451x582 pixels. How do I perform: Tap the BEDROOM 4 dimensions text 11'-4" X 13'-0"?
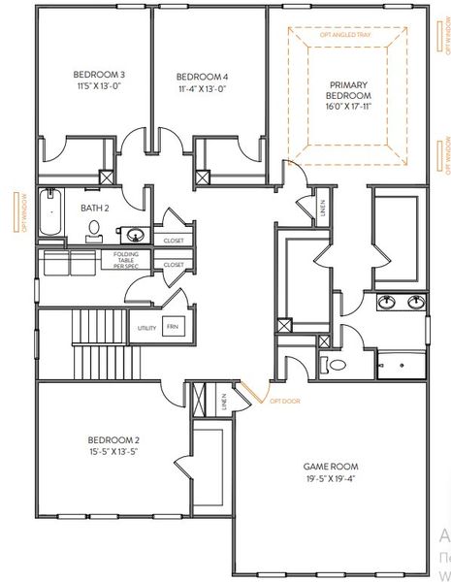click(203, 89)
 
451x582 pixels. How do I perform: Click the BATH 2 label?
click(92, 207)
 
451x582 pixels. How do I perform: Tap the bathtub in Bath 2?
click(50, 213)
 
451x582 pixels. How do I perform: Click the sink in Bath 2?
click(135, 234)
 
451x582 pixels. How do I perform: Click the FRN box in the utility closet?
click(173, 327)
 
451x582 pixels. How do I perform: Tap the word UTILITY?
click(147, 328)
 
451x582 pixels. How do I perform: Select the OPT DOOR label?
click(280, 400)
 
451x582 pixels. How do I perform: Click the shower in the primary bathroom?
click(401, 363)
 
